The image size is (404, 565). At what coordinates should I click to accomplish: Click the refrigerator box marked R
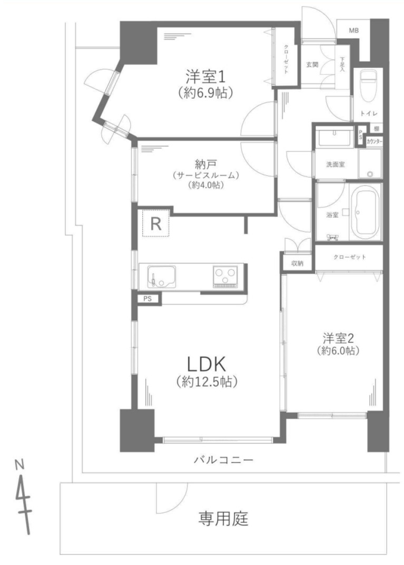coord(155,224)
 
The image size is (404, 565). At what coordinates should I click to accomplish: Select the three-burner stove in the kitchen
coord(226,276)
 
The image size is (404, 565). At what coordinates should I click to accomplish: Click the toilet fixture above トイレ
coord(366,84)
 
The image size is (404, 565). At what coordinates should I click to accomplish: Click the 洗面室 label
coord(335,164)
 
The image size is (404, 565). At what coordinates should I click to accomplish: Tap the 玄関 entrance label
coord(312,64)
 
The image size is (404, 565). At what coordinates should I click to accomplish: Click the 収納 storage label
coord(297,263)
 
